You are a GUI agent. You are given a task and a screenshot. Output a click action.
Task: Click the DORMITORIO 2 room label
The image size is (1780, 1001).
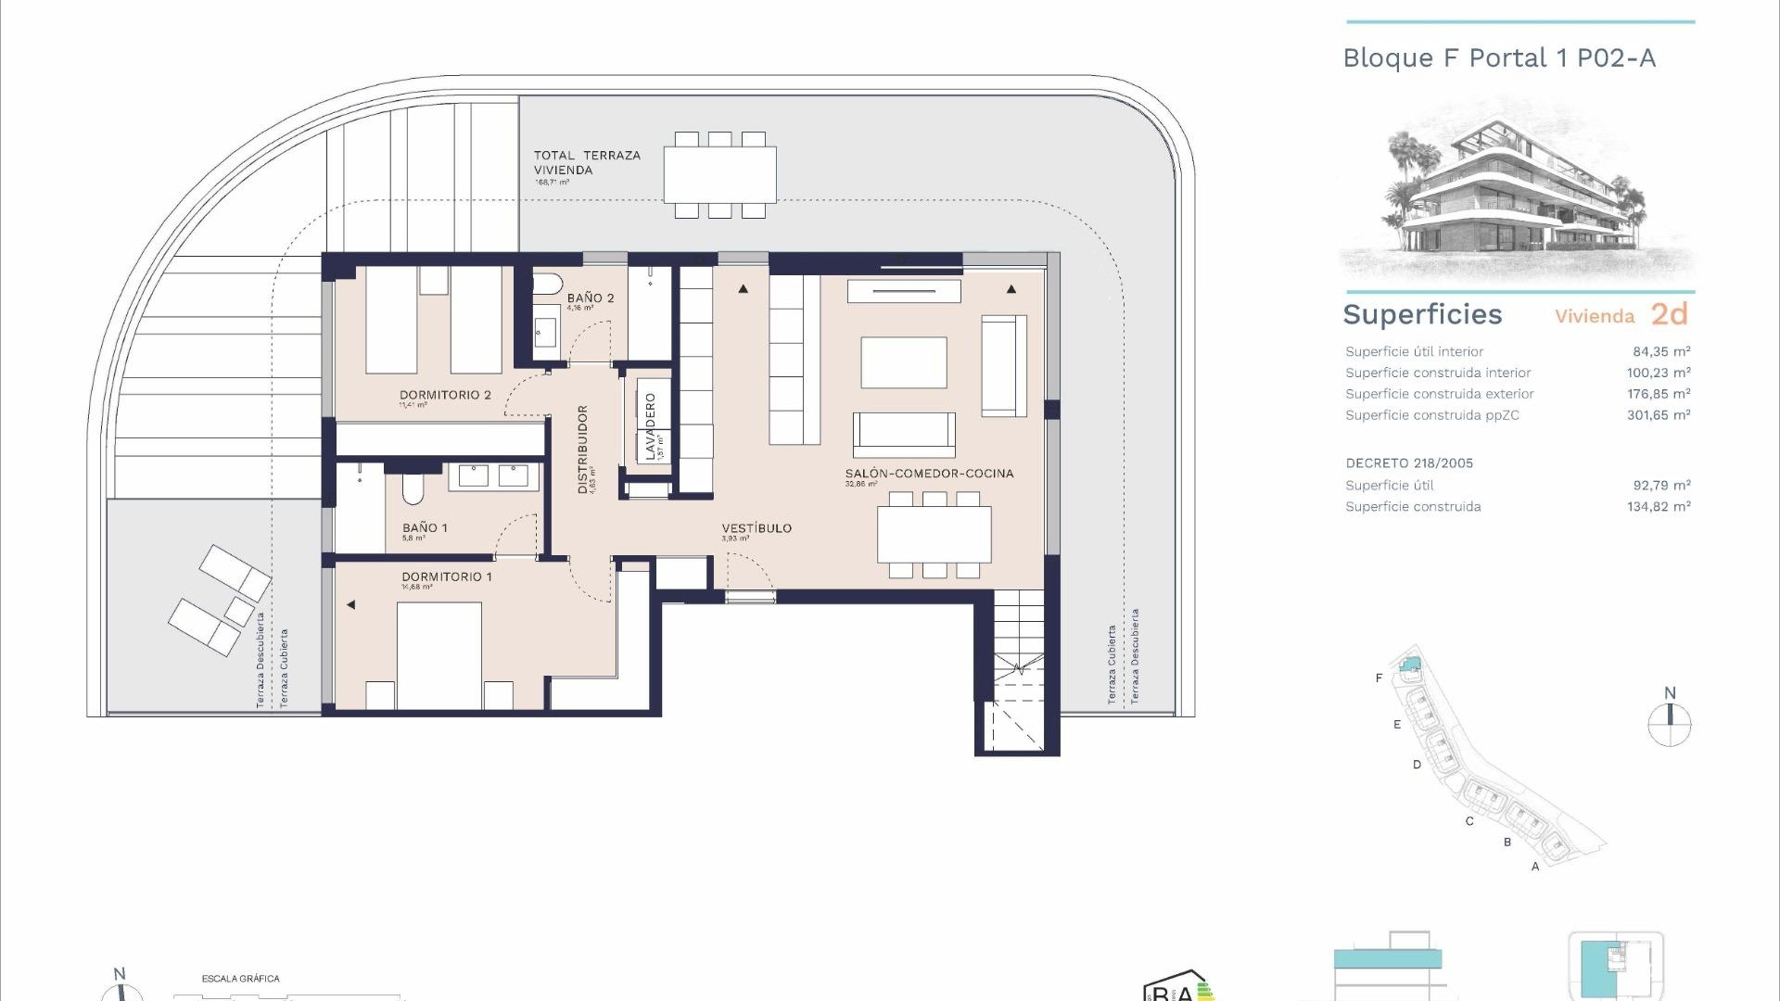coord(445,395)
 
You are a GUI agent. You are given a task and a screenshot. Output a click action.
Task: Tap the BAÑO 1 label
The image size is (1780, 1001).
coord(425,527)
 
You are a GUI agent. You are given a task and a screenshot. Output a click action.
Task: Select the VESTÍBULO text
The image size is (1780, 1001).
coord(756,528)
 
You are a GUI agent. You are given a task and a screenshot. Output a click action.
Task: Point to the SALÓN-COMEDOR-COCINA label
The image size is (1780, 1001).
coord(929,474)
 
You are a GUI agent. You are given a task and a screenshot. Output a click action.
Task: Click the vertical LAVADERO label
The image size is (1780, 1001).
coord(651,426)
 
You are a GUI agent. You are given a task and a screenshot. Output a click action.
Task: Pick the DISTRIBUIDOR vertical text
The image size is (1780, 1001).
coord(583,449)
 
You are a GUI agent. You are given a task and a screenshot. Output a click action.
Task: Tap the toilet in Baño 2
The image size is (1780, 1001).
coord(548,284)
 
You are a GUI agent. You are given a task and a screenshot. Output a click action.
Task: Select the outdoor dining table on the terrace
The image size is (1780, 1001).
coord(719,175)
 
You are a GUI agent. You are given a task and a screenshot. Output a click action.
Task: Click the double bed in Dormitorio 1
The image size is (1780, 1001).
coord(439,653)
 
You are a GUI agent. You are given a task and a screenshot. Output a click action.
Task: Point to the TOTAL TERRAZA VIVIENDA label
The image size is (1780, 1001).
coord(586,162)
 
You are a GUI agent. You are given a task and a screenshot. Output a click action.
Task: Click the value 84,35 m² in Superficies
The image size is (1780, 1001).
coord(1661,351)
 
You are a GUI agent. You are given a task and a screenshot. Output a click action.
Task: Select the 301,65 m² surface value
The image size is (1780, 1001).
coord(1658,415)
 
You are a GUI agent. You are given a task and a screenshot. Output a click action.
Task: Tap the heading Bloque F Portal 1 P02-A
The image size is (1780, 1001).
coord(1498,58)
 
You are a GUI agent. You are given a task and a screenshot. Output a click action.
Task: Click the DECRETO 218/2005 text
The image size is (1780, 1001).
coord(1408,463)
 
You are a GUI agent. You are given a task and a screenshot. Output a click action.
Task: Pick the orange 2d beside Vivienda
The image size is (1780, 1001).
coord(1669,314)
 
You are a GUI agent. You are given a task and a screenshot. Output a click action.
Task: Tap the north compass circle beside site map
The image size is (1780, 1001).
coord(1669,725)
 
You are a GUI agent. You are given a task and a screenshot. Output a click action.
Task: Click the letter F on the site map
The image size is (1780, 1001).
coord(1379,678)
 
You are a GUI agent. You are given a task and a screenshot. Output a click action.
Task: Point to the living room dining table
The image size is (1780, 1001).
coord(934,535)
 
